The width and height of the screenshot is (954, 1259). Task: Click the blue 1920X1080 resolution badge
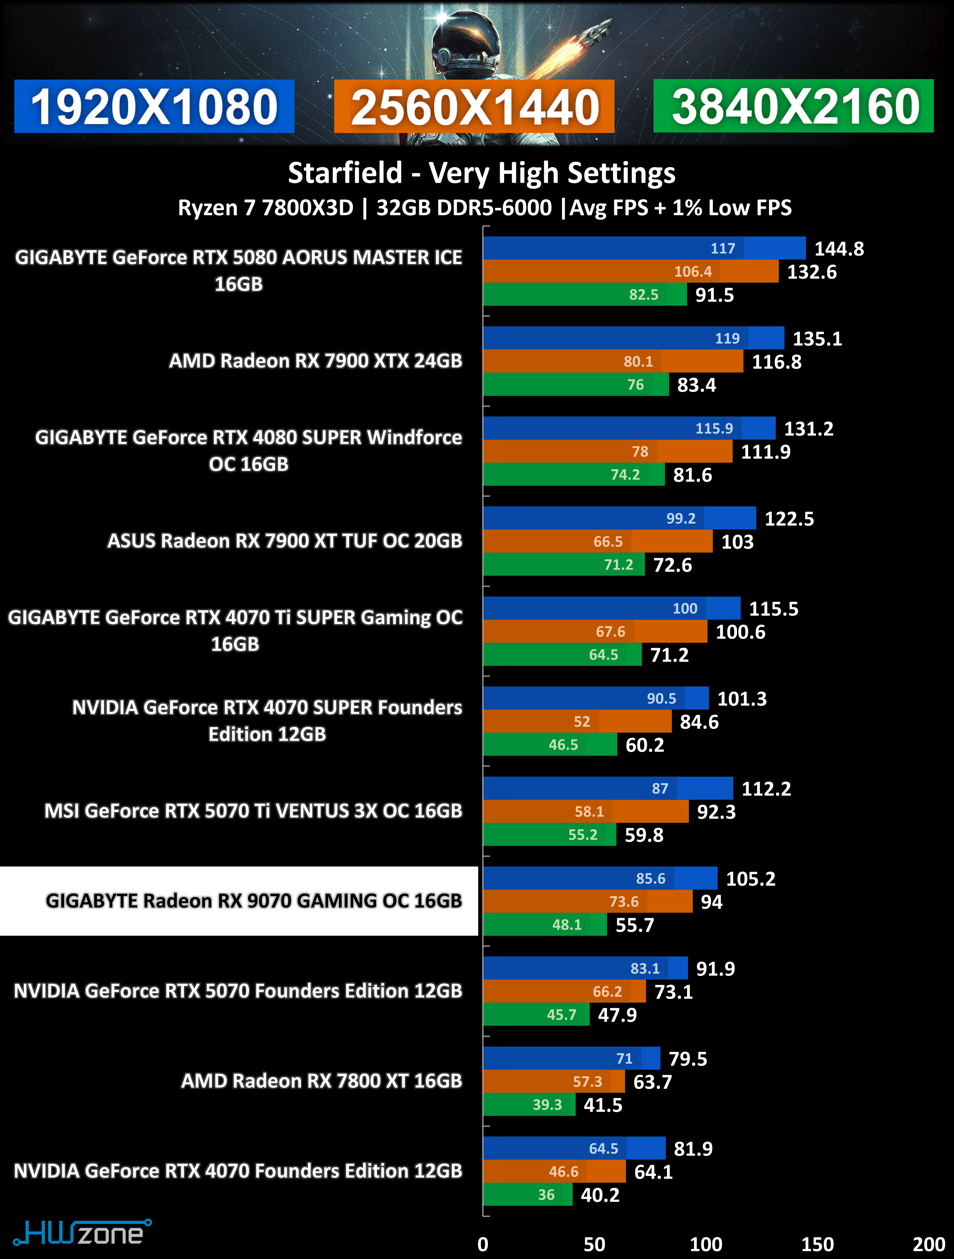tap(154, 106)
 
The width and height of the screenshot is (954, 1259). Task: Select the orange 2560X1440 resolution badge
tap(474, 106)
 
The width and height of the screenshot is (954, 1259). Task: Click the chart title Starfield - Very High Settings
tap(481, 173)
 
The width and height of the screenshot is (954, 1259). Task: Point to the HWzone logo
tap(82, 1234)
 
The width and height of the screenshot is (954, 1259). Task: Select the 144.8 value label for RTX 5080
tap(839, 249)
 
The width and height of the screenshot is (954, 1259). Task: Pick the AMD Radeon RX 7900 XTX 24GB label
tap(315, 361)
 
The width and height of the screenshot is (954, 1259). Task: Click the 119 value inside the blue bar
tap(727, 339)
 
